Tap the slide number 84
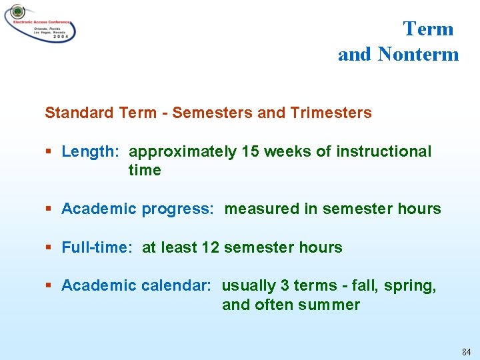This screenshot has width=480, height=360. pyautogui.click(x=465, y=351)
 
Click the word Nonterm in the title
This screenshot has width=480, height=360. pyautogui.click(x=418, y=54)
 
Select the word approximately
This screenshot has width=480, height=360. pyautogui.click(x=182, y=152)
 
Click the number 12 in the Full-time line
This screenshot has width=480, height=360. pyautogui.click(x=210, y=247)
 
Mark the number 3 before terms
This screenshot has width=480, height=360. pyautogui.click(x=285, y=285)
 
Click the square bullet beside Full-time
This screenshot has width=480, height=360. pyautogui.click(x=49, y=248)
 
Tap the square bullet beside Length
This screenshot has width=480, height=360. pyautogui.click(x=49, y=152)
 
